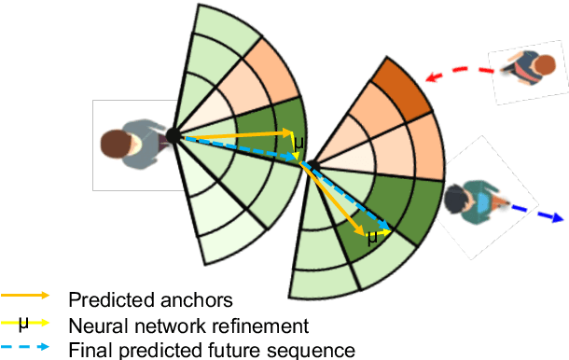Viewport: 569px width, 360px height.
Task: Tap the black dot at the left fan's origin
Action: pyautogui.click(x=174, y=137)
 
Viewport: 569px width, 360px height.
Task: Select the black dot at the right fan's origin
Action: pyautogui.click(x=314, y=167)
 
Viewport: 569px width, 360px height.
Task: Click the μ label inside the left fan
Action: pyautogui.click(x=298, y=145)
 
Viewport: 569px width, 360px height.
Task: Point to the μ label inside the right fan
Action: pyautogui.click(x=372, y=237)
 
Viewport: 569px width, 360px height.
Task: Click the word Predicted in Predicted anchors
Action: pyautogui.click(x=103, y=299)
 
